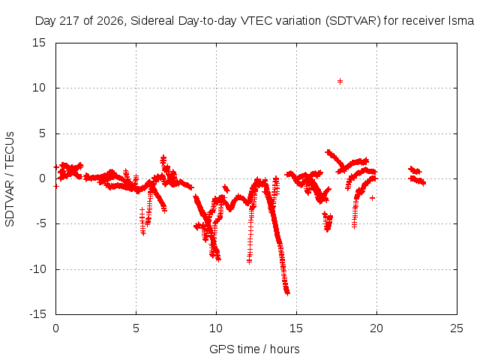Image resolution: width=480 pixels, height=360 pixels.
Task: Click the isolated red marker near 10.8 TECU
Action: (x=340, y=81)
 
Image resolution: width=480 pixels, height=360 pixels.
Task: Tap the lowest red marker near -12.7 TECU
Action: (x=287, y=293)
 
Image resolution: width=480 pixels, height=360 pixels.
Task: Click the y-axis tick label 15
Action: (x=39, y=43)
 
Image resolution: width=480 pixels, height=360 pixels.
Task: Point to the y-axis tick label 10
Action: (x=39, y=88)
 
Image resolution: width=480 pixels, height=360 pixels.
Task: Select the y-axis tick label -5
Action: (x=41, y=223)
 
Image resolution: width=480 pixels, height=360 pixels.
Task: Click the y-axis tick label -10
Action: (x=37, y=269)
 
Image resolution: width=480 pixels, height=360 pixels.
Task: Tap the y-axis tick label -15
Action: (x=37, y=314)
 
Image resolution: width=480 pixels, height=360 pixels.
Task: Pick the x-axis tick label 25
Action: (x=457, y=328)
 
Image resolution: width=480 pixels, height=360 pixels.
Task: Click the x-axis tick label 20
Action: (x=376, y=328)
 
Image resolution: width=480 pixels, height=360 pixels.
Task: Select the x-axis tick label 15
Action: (x=296, y=328)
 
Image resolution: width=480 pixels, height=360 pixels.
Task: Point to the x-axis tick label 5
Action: (x=136, y=328)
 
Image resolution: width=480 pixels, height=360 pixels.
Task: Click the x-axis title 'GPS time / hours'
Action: (x=254, y=349)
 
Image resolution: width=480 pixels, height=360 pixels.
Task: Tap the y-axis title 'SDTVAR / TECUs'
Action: (x=10, y=179)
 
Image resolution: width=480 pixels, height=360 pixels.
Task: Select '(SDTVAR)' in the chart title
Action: (x=353, y=21)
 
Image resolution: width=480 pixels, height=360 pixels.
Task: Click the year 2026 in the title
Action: (x=110, y=21)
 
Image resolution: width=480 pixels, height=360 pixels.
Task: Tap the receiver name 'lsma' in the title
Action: (x=461, y=21)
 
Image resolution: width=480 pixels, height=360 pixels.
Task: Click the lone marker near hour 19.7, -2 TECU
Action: (x=372, y=198)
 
